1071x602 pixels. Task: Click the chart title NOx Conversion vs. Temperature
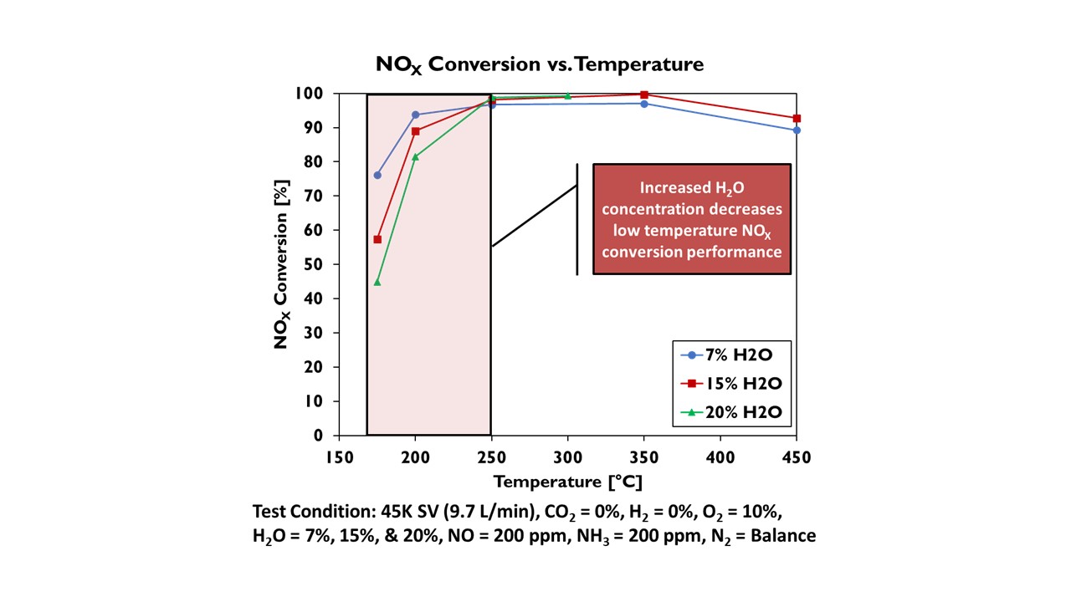(539, 64)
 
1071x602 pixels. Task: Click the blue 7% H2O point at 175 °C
(377, 176)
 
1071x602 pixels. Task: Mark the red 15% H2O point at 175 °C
(377, 239)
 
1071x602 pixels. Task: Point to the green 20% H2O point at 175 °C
(377, 282)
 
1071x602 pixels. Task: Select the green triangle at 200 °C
(416, 156)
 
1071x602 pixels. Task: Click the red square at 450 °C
(797, 119)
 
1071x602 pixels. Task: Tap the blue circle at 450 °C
(797, 130)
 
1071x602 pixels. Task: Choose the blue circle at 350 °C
(644, 104)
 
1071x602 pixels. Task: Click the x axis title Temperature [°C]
(567, 482)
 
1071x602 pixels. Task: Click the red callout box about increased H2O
(692, 219)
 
